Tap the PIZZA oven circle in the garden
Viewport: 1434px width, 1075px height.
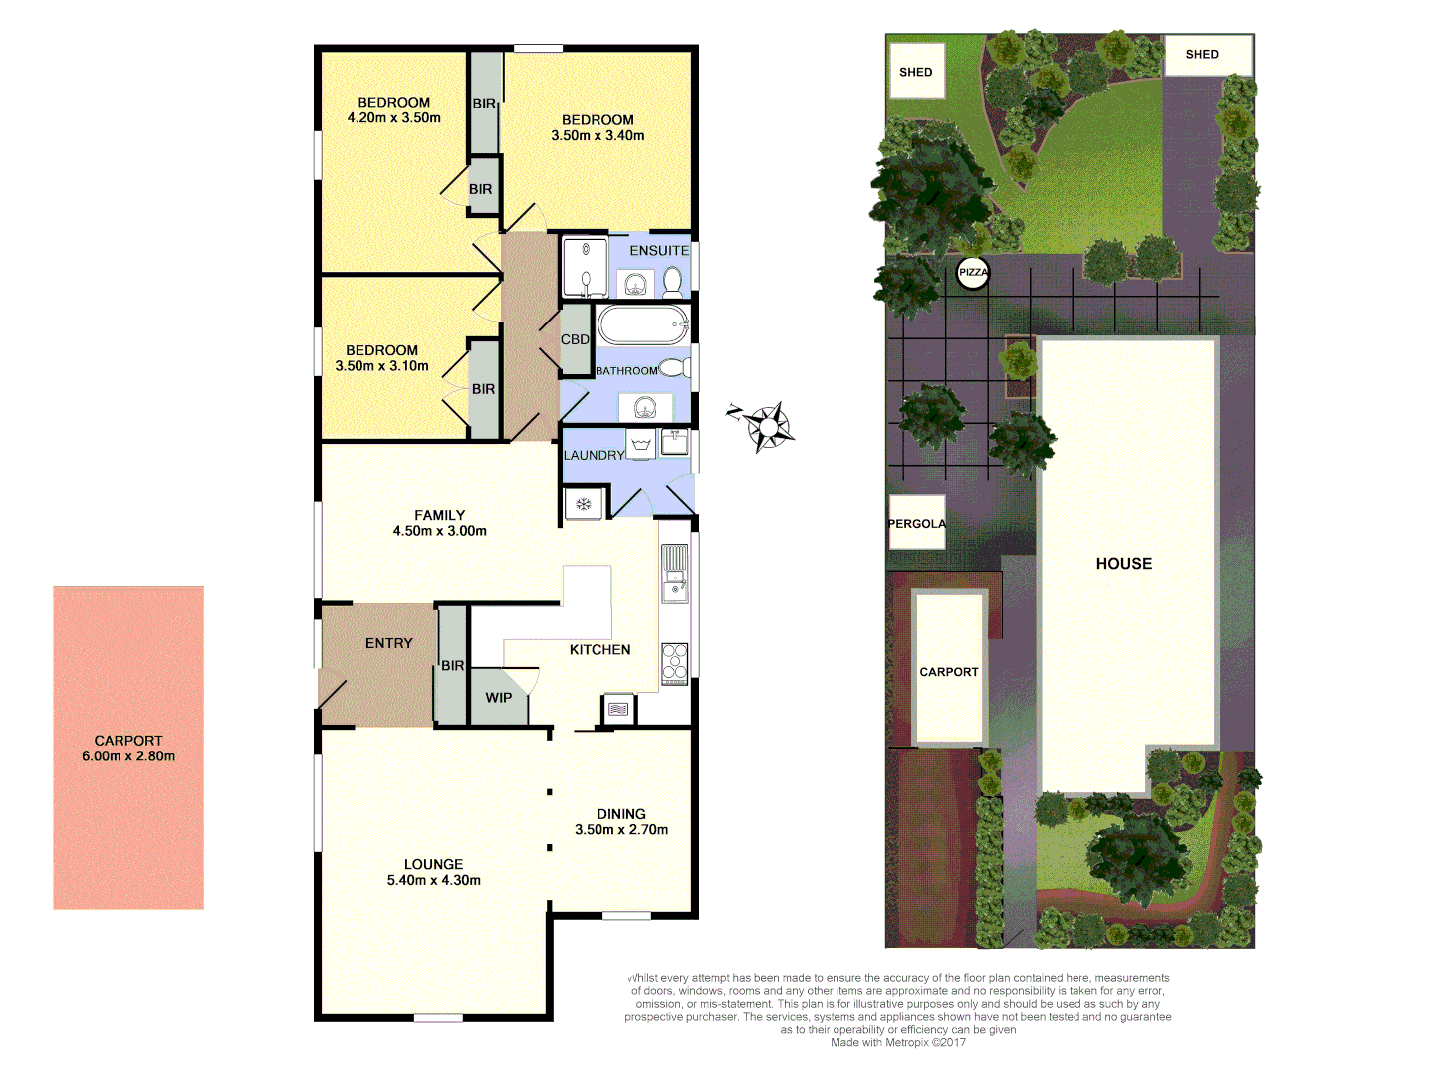973,273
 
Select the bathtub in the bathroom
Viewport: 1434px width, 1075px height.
642,324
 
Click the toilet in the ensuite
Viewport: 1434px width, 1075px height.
673,281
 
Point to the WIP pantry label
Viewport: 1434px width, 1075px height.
499,698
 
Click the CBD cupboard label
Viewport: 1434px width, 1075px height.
575,339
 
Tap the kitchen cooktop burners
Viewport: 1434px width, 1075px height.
674,663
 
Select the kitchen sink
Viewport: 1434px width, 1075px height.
674,574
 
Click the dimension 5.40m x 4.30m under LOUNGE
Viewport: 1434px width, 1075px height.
433,880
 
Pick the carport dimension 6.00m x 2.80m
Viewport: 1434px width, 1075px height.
128,756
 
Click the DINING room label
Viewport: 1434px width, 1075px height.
621,814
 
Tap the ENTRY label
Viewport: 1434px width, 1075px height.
388,644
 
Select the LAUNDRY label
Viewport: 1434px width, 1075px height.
594,456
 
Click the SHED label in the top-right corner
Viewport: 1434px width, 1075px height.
1202,55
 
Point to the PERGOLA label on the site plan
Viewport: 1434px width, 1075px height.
916,524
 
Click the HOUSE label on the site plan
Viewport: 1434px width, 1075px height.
1124,564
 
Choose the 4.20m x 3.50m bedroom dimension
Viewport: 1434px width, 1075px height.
393,118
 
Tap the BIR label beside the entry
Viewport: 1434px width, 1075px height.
453,666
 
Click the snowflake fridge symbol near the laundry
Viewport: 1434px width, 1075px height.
584,504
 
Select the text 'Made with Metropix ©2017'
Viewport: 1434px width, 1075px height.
898,1042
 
